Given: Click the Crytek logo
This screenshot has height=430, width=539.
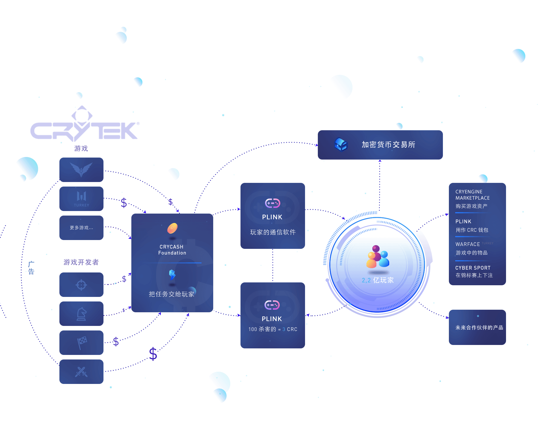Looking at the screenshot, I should click(84, 127).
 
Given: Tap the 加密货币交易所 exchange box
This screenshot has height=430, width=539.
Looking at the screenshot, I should click(380, 145).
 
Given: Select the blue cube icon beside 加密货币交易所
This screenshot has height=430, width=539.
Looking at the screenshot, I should click(341, 144).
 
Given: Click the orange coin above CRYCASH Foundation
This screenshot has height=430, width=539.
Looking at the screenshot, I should click(172, 228).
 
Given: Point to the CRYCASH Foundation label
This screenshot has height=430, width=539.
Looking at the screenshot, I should click(172, 250).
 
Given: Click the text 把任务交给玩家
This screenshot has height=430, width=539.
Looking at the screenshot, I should click(171, 294).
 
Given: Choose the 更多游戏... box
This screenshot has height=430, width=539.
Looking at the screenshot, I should click(81, 228).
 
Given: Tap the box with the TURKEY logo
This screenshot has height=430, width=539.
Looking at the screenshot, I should click(81, 199).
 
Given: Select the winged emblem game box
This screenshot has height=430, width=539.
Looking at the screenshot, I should click(81, 169).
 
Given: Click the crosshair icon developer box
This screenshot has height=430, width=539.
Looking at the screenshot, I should click(81, 285).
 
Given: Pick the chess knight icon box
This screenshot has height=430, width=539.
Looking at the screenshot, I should click(81, 314).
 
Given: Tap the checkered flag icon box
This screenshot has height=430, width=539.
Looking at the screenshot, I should click(81, 343).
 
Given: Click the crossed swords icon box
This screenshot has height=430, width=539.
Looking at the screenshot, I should click(81, 372).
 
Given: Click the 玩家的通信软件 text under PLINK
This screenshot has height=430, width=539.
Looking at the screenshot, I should click(273, 232).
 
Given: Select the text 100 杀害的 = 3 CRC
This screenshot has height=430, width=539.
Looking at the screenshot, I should click(273, 329).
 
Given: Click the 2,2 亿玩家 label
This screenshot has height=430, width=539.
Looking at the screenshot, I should click(378, 280).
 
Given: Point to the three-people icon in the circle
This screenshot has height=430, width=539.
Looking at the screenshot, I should click(377, 257).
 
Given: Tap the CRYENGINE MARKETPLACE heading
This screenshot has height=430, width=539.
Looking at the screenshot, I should click(472, 195).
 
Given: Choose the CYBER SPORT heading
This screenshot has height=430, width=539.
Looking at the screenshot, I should click(472, 268).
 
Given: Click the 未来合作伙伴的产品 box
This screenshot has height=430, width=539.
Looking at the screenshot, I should click(477, 327).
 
